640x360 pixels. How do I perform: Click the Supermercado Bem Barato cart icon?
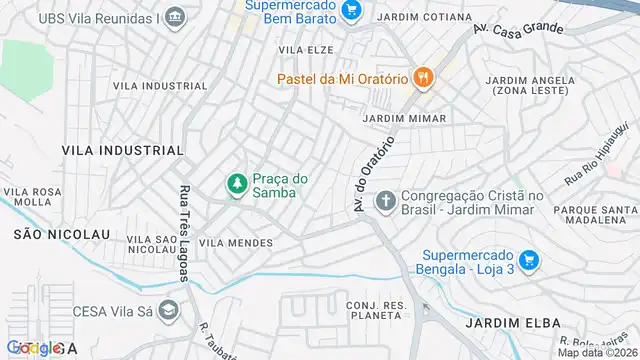click(x=350, y=10)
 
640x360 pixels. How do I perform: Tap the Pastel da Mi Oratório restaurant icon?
click(x=424, y=76)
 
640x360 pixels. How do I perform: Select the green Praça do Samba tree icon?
click(x=237, y=185)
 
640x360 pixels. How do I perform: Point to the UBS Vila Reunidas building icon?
click(x=175, y=17)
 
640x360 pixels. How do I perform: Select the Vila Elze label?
click(x=306, y=49)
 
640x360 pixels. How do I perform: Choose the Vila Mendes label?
click(x=236, y=243)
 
